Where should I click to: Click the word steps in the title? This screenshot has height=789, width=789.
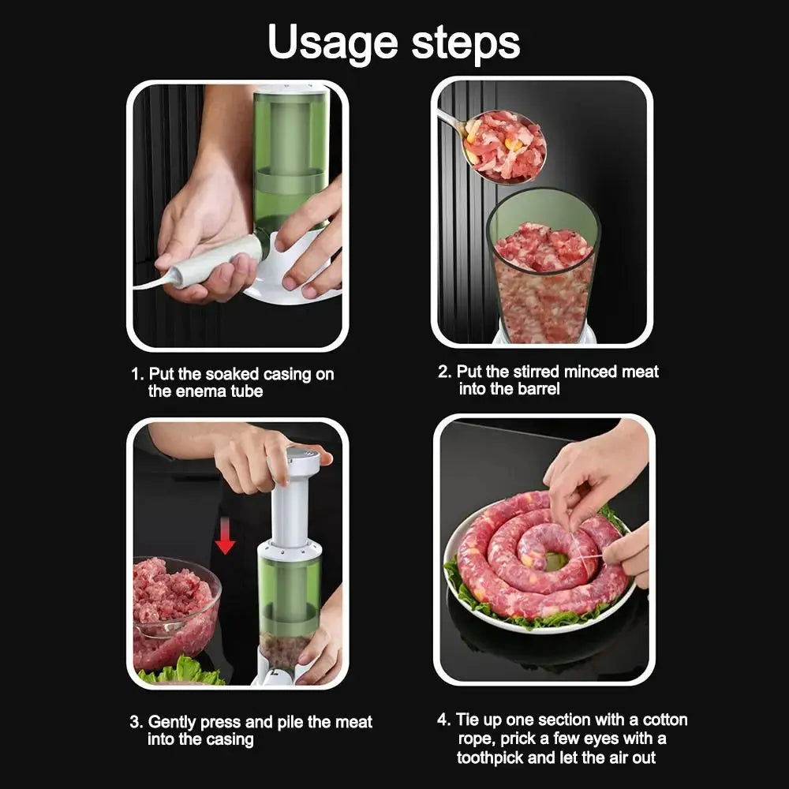tap(466, 43)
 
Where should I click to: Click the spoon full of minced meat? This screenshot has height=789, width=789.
tap(503, 145)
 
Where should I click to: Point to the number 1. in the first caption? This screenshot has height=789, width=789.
tap(136, 374)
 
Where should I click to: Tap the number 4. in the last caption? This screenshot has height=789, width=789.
tap(444, 720)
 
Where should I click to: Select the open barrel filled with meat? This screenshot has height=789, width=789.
tap(543, 268)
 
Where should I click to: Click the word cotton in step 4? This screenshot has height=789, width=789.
tap(665, 720)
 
